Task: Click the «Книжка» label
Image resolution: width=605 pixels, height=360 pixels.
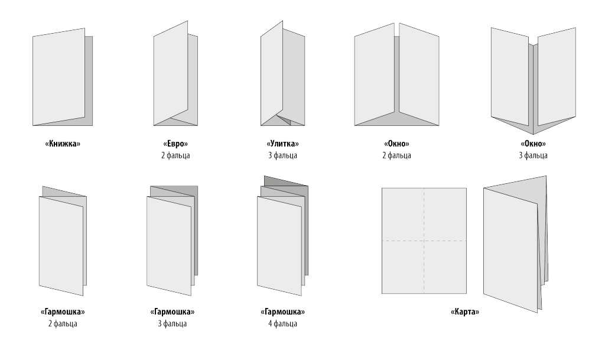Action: point(63,144)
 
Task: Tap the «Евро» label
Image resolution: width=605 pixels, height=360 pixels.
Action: point(175,144)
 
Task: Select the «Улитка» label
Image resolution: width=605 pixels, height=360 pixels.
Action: point(283,144)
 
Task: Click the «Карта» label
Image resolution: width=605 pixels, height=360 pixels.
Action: point(465,312)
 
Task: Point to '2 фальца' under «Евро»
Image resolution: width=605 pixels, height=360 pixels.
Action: point(175,155)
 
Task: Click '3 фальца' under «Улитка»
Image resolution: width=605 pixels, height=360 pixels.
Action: point(283,155)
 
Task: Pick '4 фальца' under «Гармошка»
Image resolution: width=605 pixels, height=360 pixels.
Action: point(283,323)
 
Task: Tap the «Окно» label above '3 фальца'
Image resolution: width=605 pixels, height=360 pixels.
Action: point(534,144)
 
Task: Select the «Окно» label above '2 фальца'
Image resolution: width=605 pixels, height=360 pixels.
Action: point(396,144)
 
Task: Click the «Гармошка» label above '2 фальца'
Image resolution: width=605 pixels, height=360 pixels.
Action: point(63,312)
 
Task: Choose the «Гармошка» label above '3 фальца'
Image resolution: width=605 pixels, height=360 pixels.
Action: point(173,312)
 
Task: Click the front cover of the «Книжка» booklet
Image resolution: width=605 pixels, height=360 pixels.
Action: point(58,77)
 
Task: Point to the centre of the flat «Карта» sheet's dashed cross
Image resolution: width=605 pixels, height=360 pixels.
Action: point(424,241)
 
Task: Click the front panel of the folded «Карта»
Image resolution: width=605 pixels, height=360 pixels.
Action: point(510,250)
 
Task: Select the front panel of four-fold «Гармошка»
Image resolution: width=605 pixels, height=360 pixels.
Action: point(279,246)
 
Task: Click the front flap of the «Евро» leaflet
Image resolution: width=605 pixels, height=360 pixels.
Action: point(171,73)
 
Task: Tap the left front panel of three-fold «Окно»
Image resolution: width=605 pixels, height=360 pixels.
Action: point(510,76)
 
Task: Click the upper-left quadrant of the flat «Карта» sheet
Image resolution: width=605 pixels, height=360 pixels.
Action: point(403,214)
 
